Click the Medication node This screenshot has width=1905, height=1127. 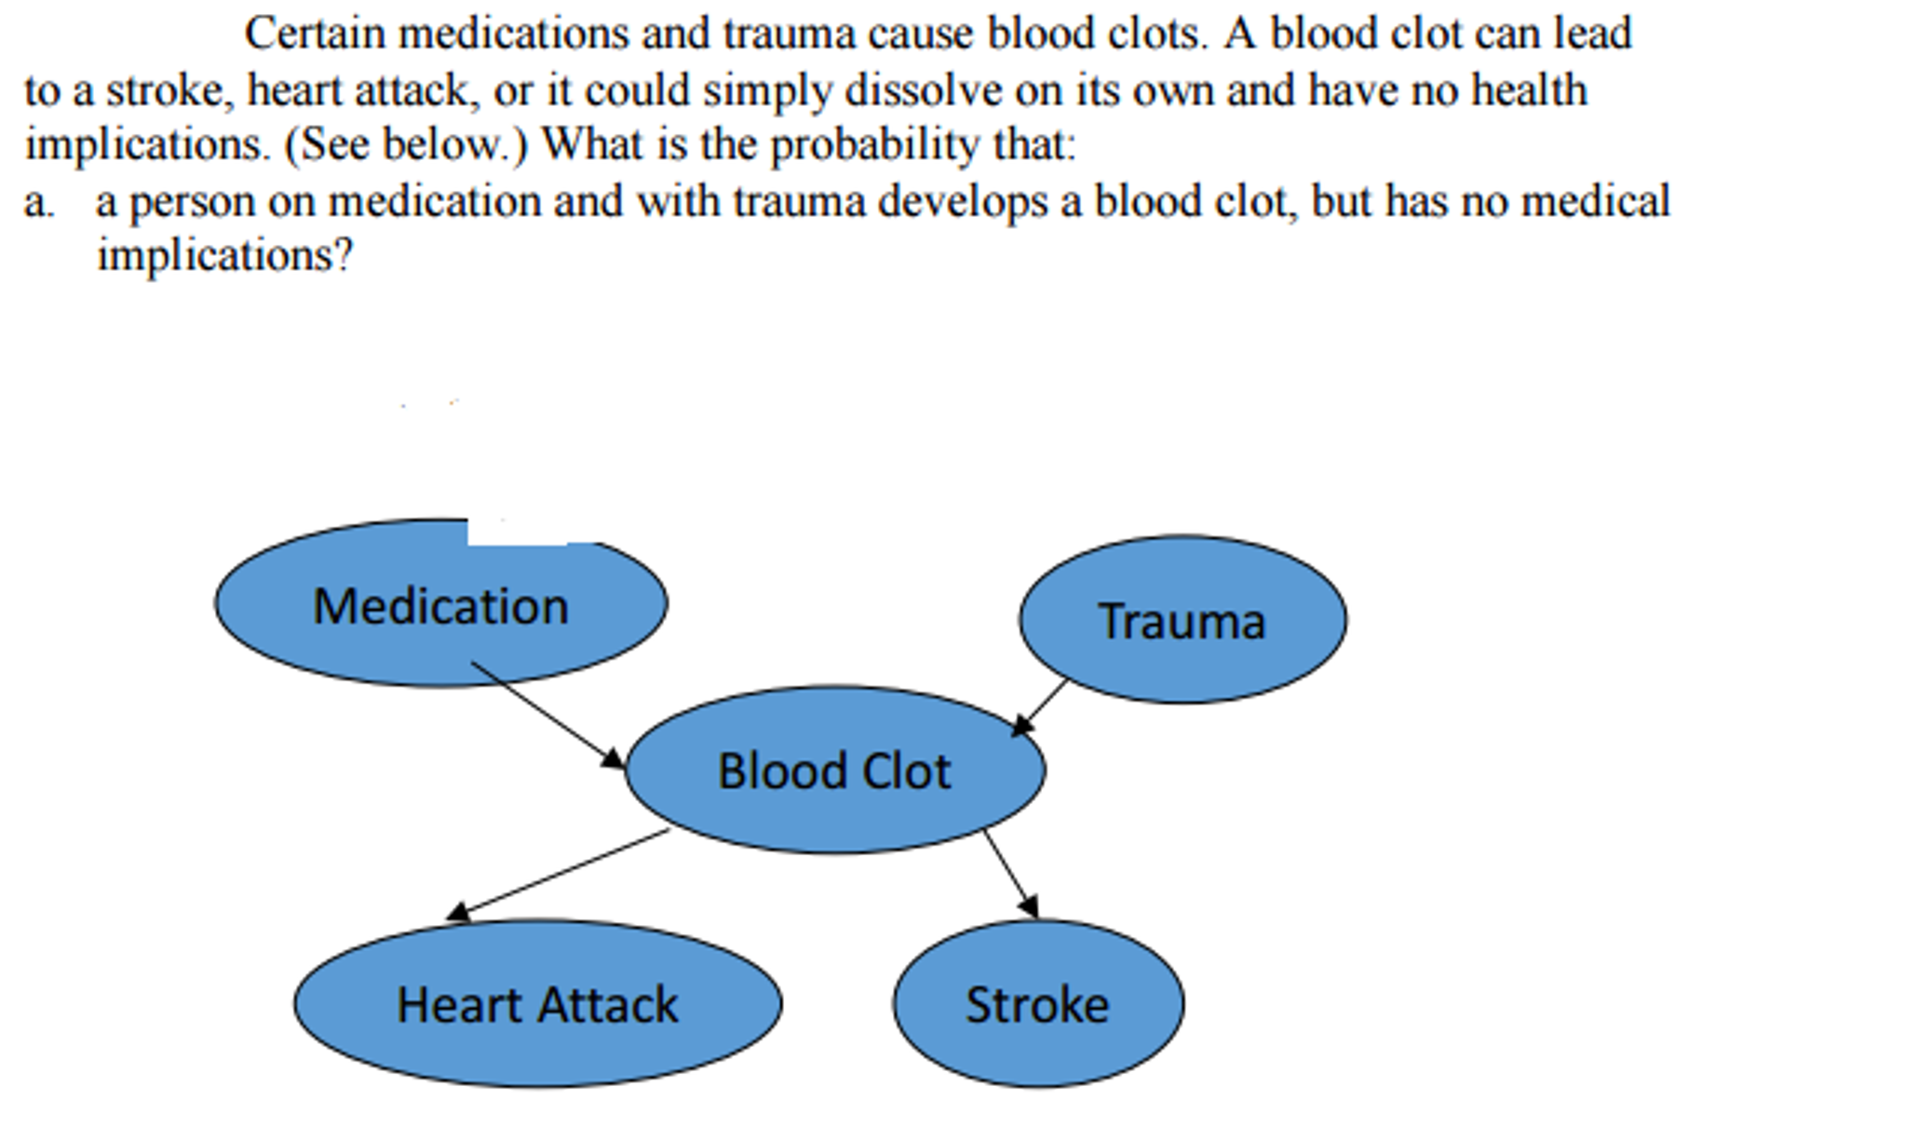pos(440,605)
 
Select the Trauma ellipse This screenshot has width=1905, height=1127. pos(1182,620)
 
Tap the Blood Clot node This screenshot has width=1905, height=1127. pos(834,771)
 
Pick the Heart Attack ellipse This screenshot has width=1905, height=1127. pos(537,1004)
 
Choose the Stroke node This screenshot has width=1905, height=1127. pos(1037,1004)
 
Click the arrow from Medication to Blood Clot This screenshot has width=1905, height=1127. pos(547,715)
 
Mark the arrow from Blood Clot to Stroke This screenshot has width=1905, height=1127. pos(1010,873)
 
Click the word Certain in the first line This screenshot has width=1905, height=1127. pos(315,34)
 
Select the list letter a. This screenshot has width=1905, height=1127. pos(37,203)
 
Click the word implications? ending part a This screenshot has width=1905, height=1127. pos(224,256)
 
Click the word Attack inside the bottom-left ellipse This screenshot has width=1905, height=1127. pos(608,1005)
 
